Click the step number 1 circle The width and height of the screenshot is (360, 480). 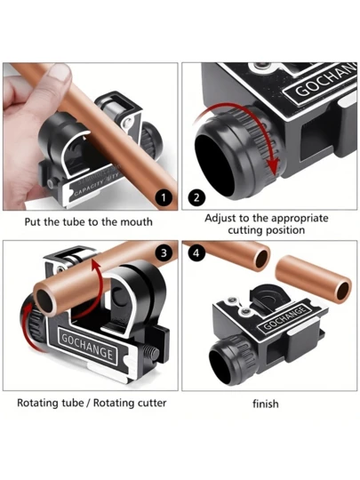point(164,197)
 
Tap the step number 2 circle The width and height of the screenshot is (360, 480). point(196,197)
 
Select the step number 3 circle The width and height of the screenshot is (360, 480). point(164,252)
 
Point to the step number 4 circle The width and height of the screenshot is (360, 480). point(196,252)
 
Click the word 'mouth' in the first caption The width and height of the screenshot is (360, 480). point(136,222)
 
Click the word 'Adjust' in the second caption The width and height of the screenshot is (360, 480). point(220,219)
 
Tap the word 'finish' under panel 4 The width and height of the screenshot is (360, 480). point(266,404)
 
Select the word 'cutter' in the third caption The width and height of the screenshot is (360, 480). point(152,403)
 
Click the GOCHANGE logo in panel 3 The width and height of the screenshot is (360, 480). point(87,348)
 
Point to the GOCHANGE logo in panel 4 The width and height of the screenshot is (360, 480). point(285,318)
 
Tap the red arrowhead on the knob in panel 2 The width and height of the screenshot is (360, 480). point(274,166)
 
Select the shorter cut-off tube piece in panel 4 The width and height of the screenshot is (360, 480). point(314,279)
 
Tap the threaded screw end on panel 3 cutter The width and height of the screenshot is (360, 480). point(151,354)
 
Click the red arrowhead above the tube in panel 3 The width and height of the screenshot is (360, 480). point(96,265)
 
